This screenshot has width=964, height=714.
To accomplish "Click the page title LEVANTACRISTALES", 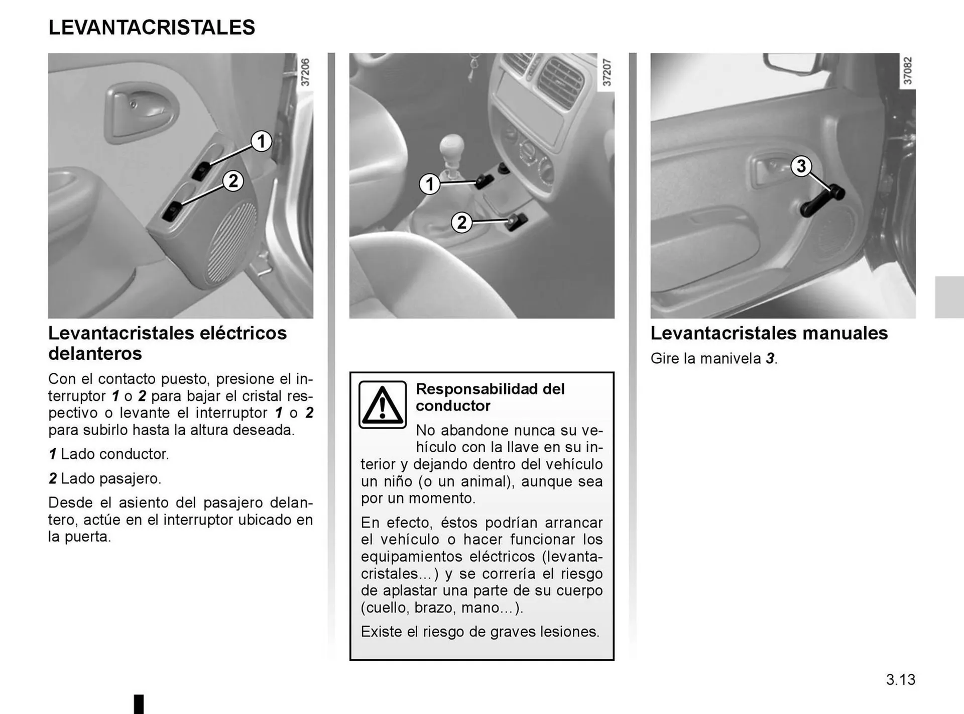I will tap(152, 27).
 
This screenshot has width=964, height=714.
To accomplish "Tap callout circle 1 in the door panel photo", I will tap(261, 141).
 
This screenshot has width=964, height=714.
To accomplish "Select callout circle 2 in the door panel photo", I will tap(233, 181).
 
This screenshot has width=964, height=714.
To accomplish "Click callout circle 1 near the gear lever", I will tap(430, 184).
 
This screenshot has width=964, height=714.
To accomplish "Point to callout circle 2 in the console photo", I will tap(461, 222).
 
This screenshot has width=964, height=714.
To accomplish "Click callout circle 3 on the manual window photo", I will tap(801, 166).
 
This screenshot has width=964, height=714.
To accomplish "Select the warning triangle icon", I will tap(383, 404).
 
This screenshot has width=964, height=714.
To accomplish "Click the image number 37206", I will tap(305, 72).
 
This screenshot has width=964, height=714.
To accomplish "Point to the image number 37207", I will tap(607, 72).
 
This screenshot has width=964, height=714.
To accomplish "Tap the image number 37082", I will tap(907, 71).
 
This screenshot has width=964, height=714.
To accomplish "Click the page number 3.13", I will tap(900, 679).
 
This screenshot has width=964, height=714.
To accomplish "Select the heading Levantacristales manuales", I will tap(769, 333).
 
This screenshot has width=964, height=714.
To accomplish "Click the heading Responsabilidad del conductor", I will tap(490, 397).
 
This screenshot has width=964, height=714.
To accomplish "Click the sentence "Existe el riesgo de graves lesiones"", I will tap(479, 632).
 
